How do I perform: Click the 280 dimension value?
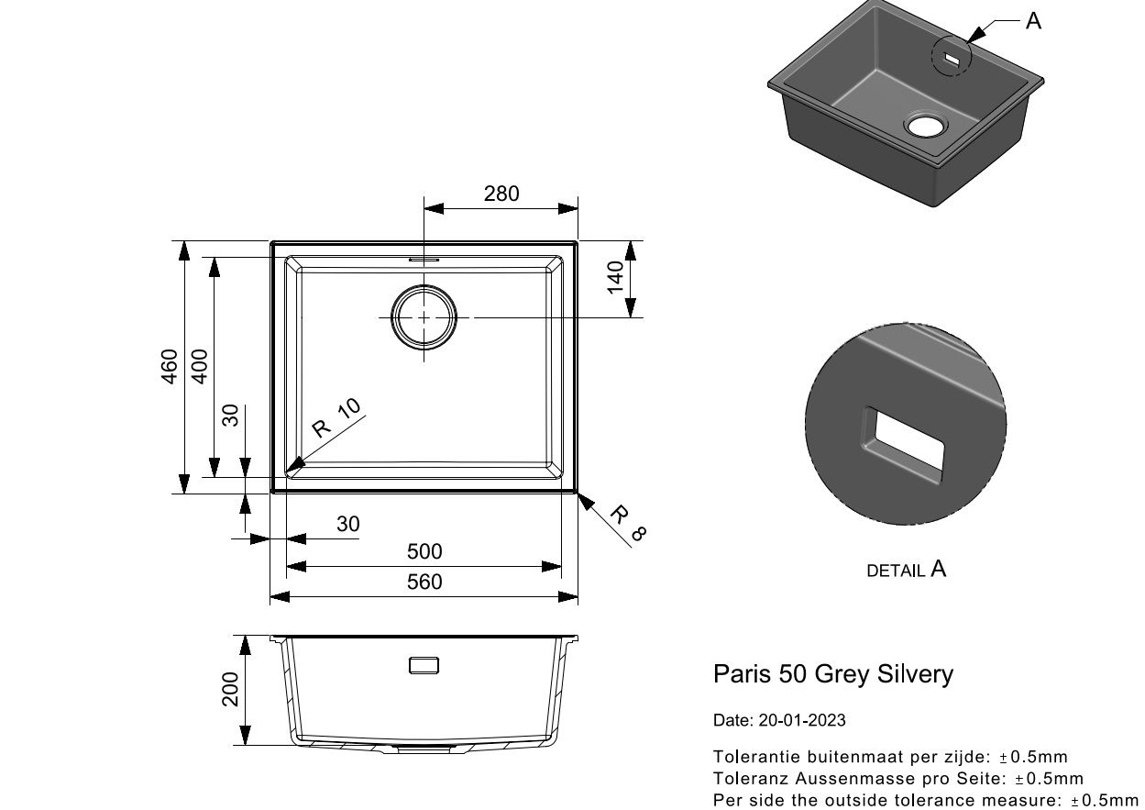501,194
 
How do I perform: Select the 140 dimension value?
615,278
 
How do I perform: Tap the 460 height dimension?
170,366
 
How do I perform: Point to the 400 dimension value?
200,366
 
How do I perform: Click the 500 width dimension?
424,551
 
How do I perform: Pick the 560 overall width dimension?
424,582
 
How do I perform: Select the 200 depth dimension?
230,689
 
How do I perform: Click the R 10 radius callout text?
336,417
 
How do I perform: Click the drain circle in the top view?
424,286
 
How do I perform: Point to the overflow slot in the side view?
424,665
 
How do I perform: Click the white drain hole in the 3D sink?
925,126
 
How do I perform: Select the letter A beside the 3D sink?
1033,21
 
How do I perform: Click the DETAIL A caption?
907,569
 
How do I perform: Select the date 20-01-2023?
802,720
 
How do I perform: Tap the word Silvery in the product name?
915,675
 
